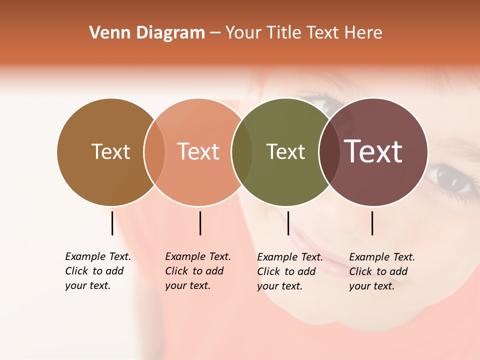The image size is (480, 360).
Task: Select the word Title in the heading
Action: point(284,33)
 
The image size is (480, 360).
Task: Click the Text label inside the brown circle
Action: point(110,151)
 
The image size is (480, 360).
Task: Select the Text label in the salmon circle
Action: point(198,151)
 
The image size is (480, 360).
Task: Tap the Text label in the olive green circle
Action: point(285,151)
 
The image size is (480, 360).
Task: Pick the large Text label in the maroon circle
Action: point(373,151)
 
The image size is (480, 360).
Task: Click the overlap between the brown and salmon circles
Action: point(154,152)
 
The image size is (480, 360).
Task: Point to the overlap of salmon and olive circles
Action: point(242,152)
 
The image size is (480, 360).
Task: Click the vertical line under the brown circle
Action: point(112,223)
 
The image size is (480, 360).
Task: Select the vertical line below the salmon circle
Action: point(200,223)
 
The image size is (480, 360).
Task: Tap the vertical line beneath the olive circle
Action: point(288,223)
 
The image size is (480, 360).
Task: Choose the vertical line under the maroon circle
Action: point(372,223)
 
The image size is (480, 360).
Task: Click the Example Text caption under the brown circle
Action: point(98,271)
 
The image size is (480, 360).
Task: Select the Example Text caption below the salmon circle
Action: point(198,271)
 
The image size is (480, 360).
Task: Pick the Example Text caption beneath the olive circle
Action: point(290,271)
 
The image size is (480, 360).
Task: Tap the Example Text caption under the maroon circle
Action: point(382,271)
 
